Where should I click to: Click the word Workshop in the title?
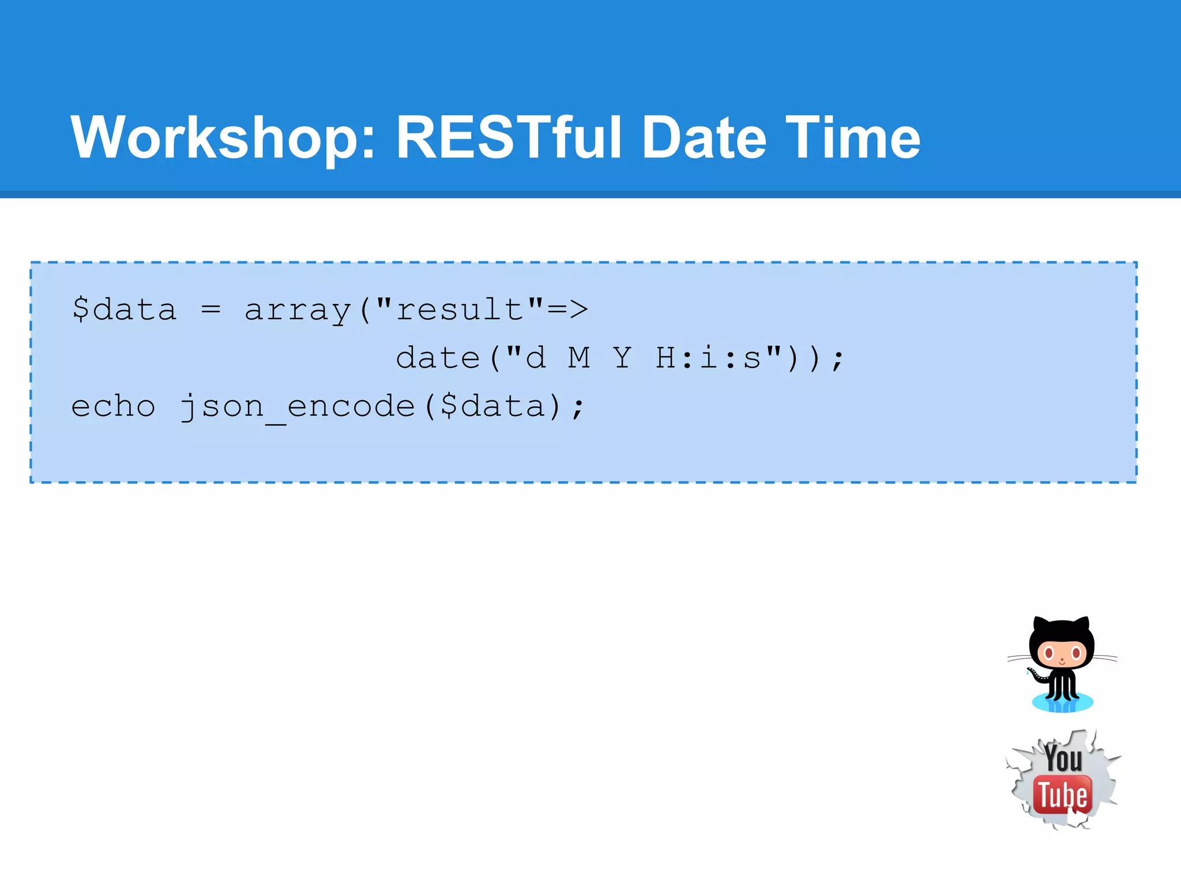coord(222,138)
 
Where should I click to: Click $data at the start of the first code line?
coord(124,310)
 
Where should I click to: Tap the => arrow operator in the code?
coord(567,310)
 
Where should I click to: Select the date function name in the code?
coord(438,358)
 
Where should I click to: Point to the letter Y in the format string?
coord(622,358)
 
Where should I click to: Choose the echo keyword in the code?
coord(113,406)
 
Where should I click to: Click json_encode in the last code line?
coord(298,407)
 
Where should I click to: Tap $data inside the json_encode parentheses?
coord(493,406)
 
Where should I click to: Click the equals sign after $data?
coord(211,310)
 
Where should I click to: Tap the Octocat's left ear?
coord(1040,625)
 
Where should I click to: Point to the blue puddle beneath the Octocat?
coord(1062,703)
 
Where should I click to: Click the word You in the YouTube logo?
coord(1063,758)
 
